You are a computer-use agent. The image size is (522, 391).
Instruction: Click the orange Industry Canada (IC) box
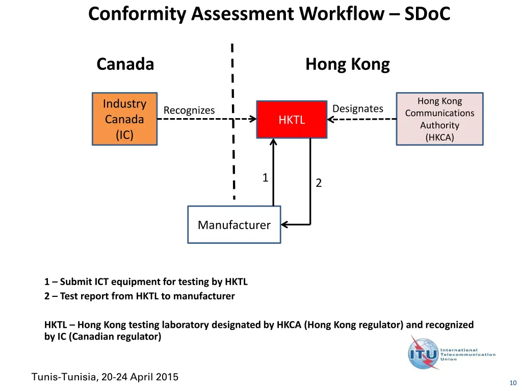pyautogui.click(x=124, y=119)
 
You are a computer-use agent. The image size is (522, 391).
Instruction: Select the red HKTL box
pyautogui.click(x=292, y=120)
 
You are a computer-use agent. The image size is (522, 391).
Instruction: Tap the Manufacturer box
pyautogui.click(x=234, y=225)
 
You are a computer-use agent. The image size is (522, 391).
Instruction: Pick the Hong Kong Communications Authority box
pyautogui.click(x=439, y=119)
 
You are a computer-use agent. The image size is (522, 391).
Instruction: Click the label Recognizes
pyautogui.click(x=189, y=110)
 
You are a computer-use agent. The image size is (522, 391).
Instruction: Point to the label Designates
pyautogui.click(x=357, y=108)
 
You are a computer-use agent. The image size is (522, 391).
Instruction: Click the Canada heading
pyautogui.click(x=125, y=65)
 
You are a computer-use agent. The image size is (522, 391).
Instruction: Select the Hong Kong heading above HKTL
pyautogui.click(x=347, y=65)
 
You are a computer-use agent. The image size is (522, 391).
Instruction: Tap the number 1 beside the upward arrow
pyautogui.click(x=265, y=178)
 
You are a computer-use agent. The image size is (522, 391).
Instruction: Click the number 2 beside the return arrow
pyautogui.click(x=319, y=183)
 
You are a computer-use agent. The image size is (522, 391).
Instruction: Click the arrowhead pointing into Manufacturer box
pyautogui.click(x=284, y=225)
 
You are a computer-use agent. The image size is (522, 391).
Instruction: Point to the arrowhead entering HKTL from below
pyautogui.click(x=273, y=143)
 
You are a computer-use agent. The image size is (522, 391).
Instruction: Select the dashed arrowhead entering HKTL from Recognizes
pyautogui.click(x=252, y=119)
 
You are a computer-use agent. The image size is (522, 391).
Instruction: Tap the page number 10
pyautogui.click(x=513, y=383)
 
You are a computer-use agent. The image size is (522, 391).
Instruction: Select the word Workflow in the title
pyautogui.click(x=342, y=14)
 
